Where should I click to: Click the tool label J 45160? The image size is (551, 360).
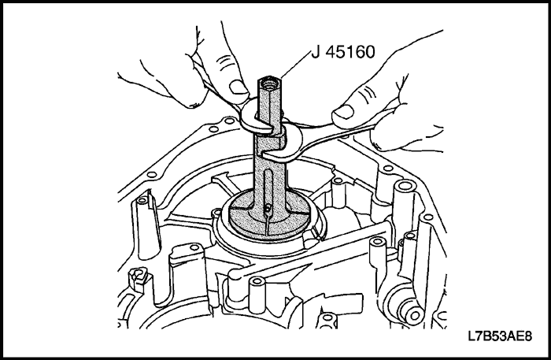[343, 52]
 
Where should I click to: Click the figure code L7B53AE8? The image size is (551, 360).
[500, 336]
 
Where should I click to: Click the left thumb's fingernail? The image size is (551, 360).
[239, 87]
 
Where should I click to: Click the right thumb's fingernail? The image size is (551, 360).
[343, 113]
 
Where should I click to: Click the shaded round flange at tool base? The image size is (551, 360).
[270, 214]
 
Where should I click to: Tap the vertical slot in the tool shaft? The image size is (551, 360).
[269, 186]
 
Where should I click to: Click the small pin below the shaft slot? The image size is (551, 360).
[268, 210]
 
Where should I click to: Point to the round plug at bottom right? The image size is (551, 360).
[415, 315]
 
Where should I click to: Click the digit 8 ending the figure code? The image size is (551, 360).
[528, 336]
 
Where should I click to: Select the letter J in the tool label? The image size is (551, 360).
[315, 52]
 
